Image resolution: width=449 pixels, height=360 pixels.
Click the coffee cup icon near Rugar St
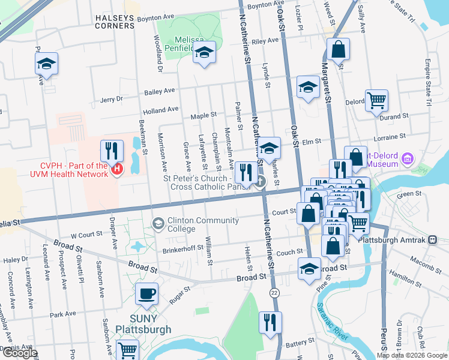pos(146,294)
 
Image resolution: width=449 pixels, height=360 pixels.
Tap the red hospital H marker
pos(116,170)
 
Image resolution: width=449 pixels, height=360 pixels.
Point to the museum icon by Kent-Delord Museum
pos(408,158)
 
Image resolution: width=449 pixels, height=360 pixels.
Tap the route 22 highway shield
pos(274,292)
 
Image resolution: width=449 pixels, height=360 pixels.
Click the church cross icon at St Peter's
pos(260,182)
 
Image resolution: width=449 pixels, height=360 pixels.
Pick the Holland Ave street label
pos(160,110)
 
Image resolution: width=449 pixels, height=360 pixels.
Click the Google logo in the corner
pos(19,353)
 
